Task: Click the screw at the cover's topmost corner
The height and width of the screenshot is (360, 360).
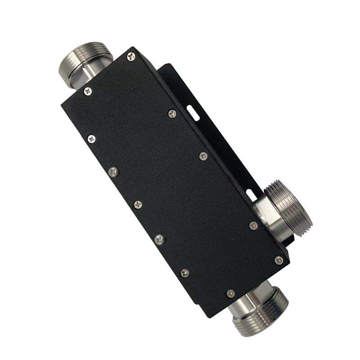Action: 131,56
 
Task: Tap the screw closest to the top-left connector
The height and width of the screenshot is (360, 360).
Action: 88,91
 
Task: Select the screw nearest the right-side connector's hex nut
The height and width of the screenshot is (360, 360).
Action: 253,225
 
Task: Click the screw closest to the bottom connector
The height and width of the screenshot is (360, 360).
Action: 230,293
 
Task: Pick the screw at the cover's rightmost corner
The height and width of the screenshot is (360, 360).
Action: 279,261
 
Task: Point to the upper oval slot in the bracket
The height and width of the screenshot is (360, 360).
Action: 193,112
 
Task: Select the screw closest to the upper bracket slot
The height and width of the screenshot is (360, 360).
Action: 172,113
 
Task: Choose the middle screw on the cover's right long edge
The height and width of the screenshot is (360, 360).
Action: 203,156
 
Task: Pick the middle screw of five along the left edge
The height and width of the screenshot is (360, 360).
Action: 138,204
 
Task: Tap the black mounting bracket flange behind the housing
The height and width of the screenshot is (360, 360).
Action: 211,135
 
